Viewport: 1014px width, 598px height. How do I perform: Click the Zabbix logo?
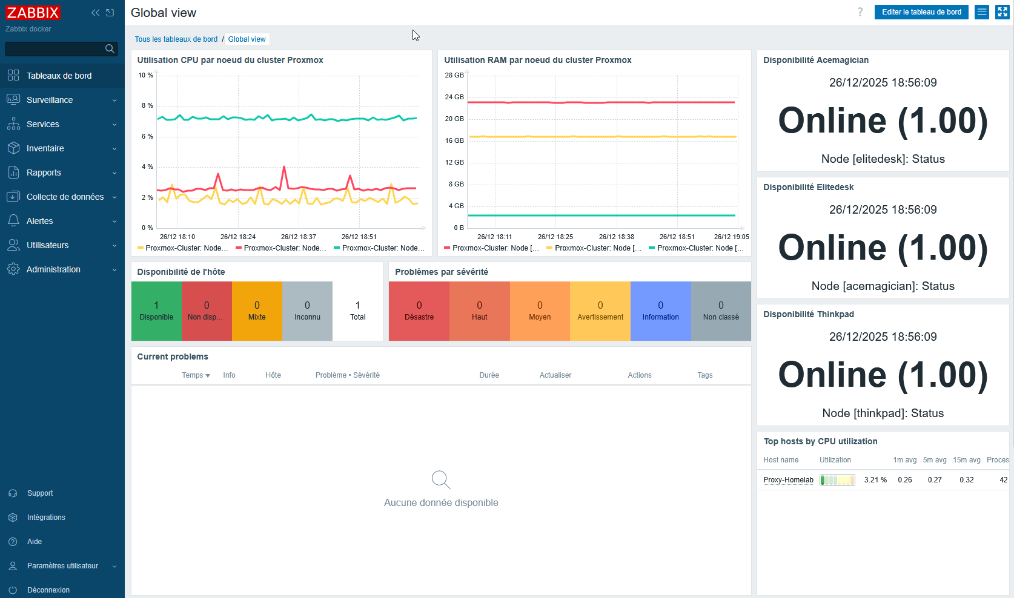33,13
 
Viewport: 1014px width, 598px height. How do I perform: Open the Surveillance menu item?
50,100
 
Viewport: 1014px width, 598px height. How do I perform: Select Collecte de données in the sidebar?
65,197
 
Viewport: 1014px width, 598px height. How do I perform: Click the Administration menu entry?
53,269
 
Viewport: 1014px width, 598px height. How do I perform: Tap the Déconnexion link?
48,590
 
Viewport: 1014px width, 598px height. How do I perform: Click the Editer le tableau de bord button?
921,12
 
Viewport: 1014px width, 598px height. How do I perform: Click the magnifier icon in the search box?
110,49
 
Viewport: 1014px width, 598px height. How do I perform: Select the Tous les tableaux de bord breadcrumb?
176,39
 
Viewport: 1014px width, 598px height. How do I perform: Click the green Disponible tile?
156,311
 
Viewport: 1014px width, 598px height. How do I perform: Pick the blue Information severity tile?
660,311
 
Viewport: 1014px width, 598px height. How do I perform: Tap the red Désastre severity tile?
419,311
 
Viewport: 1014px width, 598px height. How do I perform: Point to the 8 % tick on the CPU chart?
147,106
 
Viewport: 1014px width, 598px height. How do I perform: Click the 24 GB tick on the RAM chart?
454,97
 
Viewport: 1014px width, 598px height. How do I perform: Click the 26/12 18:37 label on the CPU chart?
299,237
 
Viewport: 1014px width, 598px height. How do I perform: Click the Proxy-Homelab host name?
788,480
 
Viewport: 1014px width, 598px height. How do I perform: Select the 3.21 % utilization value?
875,480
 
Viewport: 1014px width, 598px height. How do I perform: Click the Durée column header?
489,375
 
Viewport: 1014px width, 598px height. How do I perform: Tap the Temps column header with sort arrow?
196,375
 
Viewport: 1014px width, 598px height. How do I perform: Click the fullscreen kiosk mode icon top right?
1002,12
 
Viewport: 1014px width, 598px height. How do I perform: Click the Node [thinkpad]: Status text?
883,413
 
